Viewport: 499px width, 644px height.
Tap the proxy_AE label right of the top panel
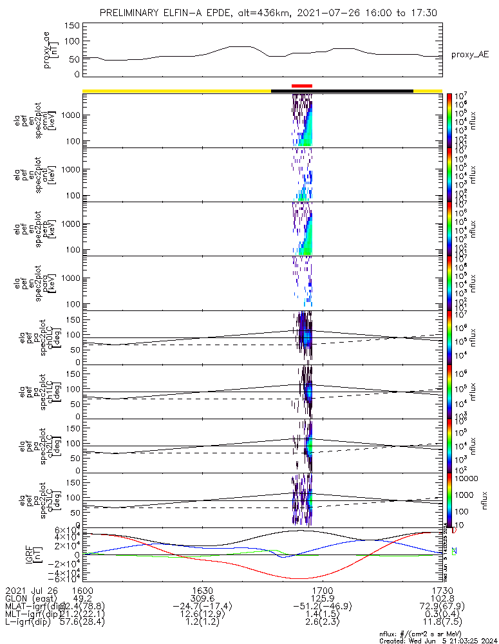click(469, 55)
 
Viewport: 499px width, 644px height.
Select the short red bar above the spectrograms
click(301, 85)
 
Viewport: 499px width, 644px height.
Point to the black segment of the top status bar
click(342, 91)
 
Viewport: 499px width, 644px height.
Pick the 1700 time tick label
click(322, 590)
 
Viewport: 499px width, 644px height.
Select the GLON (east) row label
click(31, 598)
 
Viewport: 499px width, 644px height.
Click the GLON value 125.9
click(322, 598)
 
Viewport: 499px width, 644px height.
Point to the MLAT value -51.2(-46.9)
click(322, 607)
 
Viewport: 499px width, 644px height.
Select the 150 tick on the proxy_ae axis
click(72, 26)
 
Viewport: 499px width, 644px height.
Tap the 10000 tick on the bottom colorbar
click(468, 479)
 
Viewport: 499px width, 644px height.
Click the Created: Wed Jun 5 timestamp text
click(437, 641)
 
